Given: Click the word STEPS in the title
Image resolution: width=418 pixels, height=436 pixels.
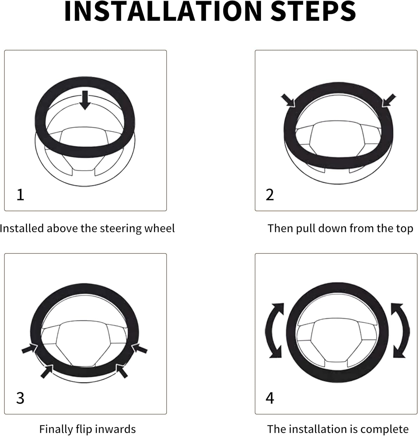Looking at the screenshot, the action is [314, 11].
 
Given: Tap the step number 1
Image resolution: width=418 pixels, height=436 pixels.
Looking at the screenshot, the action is [20, 195].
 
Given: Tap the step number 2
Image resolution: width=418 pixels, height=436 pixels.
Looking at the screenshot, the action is [270, 195].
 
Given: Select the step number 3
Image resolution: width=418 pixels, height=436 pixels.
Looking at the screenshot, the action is [20, 398].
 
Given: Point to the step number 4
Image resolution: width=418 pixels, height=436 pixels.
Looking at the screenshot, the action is [270, 398].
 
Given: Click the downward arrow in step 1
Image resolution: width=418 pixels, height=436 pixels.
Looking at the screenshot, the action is [85, 100].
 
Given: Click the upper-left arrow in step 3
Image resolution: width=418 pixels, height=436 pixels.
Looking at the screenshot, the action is [30, 349].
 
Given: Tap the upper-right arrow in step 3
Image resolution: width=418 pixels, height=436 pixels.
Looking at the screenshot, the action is [139, 349].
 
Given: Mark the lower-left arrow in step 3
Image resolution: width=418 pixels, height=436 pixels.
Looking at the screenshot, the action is [47, 371].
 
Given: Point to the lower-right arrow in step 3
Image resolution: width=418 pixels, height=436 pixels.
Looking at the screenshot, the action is [122, 371].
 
